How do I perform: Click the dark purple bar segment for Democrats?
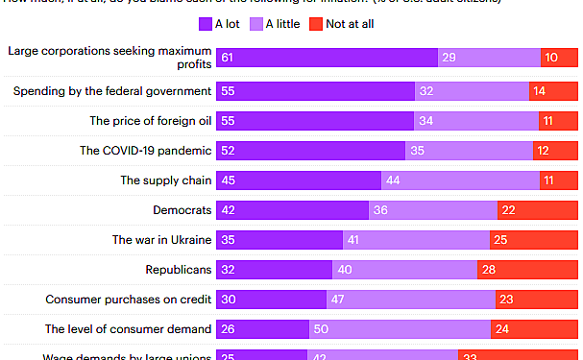293,210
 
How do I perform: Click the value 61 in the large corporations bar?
227,59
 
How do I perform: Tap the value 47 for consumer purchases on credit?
337,300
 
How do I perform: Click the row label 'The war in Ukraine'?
161,240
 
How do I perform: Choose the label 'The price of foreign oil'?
150,121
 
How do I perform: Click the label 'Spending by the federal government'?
111,91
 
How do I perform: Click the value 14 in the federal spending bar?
539,91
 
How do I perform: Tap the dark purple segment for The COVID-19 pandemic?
311,151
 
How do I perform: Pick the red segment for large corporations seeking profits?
559,59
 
